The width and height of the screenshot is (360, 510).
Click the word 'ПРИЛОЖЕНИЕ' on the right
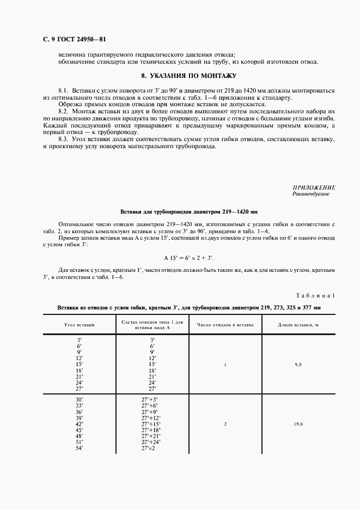tap(314, 187)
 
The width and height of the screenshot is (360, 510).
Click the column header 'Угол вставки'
tap(80, 325)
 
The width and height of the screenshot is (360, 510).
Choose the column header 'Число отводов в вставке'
tap(225, 325)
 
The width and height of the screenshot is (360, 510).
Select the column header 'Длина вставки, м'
tap(298, 325)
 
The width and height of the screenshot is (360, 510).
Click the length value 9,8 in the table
tap(298, 364)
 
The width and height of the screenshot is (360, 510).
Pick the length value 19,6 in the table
tap(298, 423)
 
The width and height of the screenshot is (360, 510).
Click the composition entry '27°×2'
tap(148, 448)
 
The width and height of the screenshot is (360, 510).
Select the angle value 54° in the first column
tap(80, 448)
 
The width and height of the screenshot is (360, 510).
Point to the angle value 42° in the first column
tap(80, 423)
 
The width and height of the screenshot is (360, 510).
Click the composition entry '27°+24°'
tap(151, 442)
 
